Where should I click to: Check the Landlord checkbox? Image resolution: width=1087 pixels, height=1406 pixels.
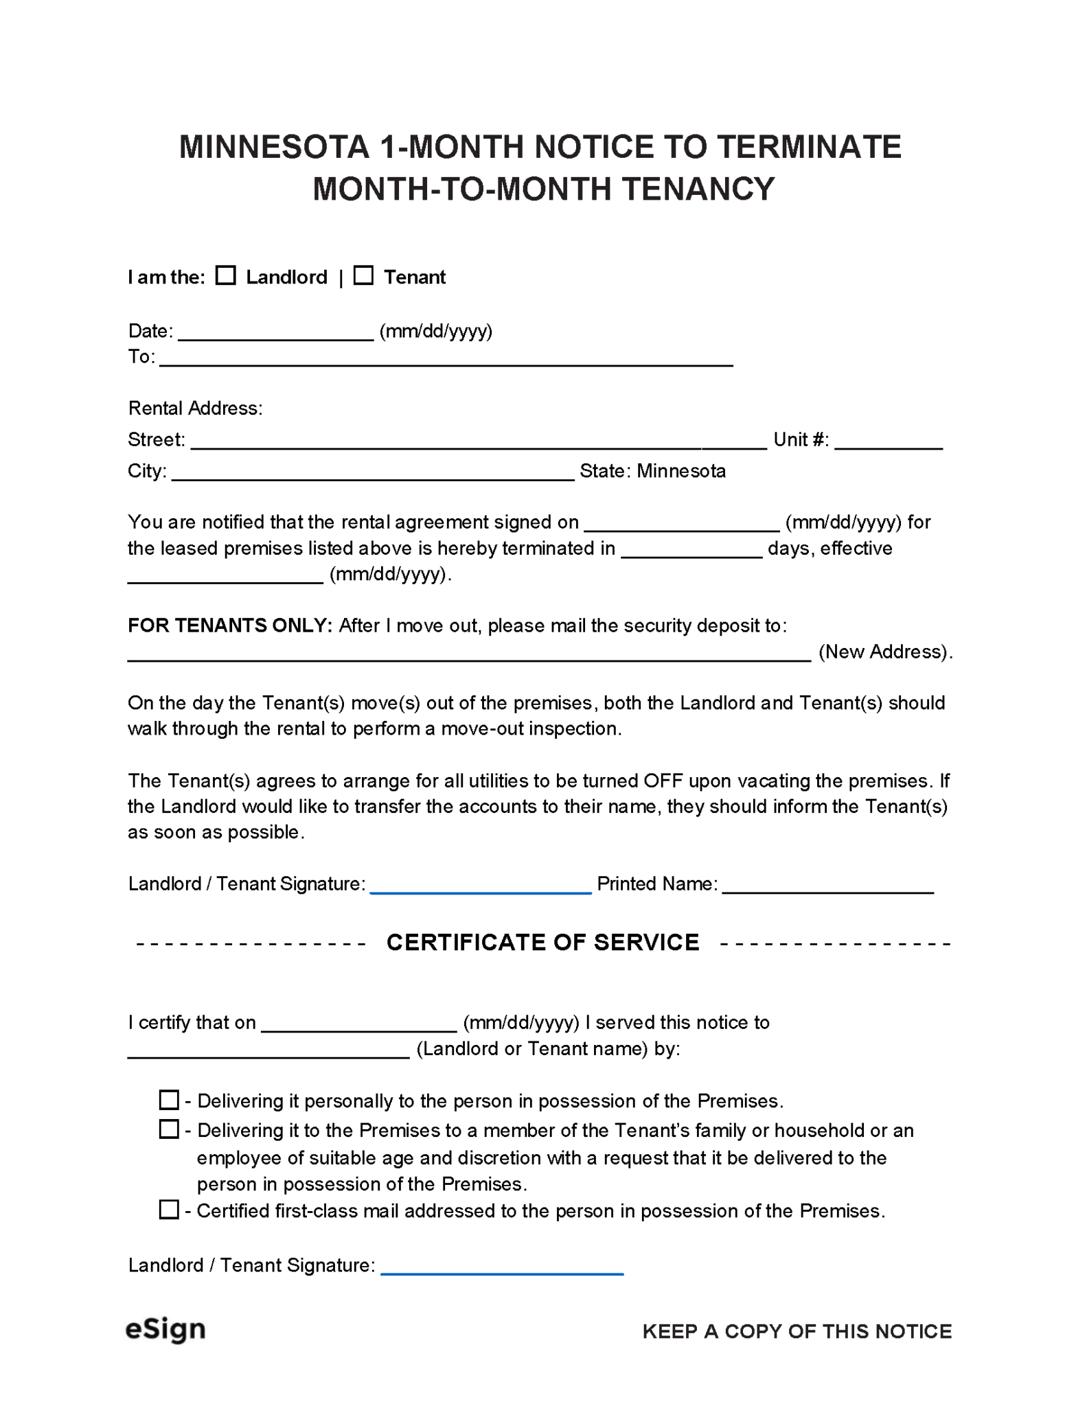tap(225, 275)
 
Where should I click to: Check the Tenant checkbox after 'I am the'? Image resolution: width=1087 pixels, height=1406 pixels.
tap(363, 275)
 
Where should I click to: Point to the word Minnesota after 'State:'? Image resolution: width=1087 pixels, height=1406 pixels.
tap(680, 471)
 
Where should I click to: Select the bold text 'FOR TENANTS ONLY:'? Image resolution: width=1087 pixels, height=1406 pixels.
tap(230, 625)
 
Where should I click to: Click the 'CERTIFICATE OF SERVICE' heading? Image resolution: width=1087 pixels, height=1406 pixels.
tap(542, 942)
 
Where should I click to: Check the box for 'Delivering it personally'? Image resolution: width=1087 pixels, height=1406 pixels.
tap(169, 1100)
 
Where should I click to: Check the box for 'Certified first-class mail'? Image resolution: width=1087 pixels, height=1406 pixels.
tap(169, 1210)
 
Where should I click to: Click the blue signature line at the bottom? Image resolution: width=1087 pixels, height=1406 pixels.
tap(501, 1269)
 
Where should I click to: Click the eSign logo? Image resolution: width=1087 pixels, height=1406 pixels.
tap(165, 1329)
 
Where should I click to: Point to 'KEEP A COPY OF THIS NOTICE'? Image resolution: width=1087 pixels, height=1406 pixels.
tap(797, 1331)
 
